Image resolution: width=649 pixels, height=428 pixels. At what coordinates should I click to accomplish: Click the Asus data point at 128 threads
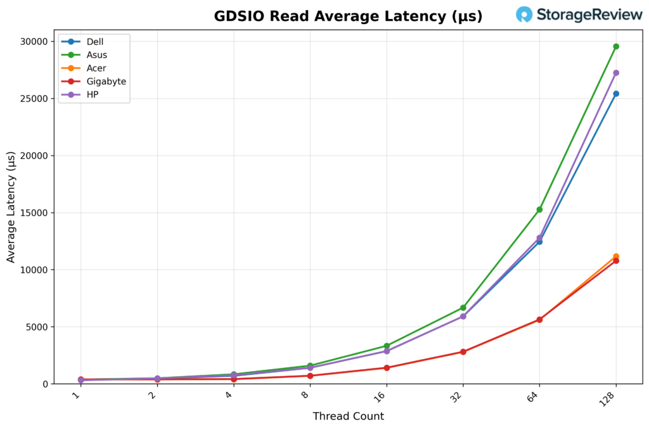pos(615,46)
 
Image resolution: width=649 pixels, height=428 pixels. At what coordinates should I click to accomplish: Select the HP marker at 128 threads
pos(615,73)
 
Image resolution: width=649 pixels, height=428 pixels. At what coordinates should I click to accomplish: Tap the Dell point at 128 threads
pos(615,94)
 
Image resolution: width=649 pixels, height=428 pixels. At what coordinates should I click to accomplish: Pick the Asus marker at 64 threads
pos(539,210)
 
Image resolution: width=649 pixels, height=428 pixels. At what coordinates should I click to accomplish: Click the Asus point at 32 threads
pos(463,308)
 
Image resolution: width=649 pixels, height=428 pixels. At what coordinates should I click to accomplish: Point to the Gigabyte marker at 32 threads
pos(463,351)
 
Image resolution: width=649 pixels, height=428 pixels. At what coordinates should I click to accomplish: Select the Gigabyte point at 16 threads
pos(387,368)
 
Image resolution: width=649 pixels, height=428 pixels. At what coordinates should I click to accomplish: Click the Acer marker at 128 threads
pos(615,256)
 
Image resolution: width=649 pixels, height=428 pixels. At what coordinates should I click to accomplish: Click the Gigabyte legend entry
pos(106,82)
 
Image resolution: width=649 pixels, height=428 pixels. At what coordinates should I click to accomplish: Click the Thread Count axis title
pos(348,417)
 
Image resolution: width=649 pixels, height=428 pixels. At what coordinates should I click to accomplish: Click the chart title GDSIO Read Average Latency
pos(348,16)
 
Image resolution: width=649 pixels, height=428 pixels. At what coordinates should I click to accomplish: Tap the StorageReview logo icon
pos(524,15)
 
